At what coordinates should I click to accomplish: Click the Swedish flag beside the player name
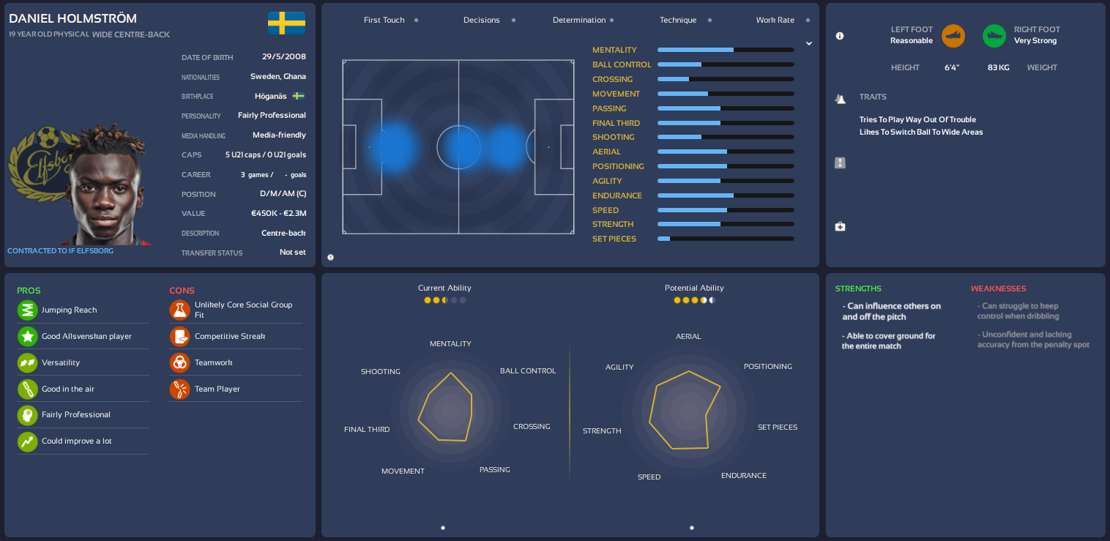click(286, 23)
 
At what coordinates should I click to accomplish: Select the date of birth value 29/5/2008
click(284, 56)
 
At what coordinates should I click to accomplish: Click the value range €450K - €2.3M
click(278, 213)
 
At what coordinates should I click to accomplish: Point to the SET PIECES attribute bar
click(726, 239)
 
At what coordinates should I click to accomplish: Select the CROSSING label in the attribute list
click(612, 79)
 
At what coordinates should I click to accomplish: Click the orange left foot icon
click(953, 35)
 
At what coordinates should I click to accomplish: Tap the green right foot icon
click(994, 35)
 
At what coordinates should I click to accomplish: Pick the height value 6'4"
click(952, 67)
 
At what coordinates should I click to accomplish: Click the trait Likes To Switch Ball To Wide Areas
click(921, 132)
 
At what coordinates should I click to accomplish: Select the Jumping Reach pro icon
click(27, 310)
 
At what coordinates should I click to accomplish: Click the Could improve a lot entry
click(77, 441)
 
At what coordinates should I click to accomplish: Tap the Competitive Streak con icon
click(179, 336)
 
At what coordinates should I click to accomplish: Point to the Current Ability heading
click(444, 288)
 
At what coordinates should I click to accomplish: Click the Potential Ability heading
click(694, 288)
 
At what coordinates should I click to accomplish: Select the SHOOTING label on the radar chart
click(380, 371)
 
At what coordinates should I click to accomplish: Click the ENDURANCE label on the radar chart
click(743, 475)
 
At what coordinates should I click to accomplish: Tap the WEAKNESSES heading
click(998, 288)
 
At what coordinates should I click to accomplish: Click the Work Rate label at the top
click(775, 20)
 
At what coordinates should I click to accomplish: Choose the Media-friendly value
click(279, 135)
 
